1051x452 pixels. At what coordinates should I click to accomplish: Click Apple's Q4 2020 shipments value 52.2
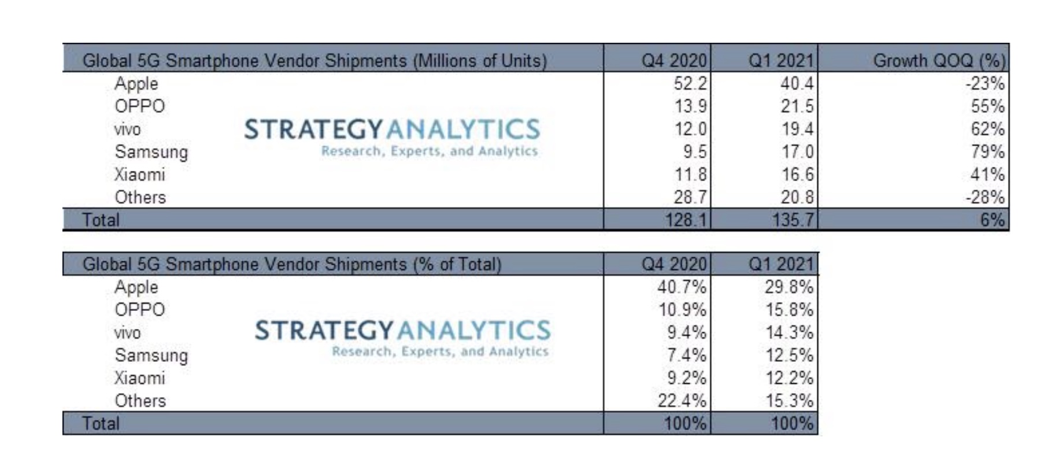(690, 84)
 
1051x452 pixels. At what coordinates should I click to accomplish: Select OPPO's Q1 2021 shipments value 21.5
(797, 106)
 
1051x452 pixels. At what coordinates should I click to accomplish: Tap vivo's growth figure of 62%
(987, 129)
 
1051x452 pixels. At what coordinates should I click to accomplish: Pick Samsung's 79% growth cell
(987, 151)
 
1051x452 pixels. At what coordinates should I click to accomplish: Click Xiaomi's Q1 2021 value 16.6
(797, 175)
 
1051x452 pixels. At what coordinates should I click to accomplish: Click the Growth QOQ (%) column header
(939, 61)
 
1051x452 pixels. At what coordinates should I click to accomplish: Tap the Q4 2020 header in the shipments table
(674, 61)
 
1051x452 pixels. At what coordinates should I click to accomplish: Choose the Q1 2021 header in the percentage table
(780, 264)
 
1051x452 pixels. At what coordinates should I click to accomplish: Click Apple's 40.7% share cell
(682, 287)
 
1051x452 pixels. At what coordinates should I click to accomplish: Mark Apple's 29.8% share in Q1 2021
(789, 287)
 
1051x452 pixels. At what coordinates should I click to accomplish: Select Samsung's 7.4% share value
(686, 355)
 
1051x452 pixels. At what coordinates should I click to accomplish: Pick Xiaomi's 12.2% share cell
(789, 378)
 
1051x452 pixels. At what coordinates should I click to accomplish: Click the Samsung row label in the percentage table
(151, 355)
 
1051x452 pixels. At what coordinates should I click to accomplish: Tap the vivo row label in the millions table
(127, 129)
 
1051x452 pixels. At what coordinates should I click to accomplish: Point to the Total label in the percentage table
(101, 424)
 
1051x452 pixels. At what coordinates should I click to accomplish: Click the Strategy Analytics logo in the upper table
(391, 136)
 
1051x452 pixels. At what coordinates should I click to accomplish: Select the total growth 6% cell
(992, 220)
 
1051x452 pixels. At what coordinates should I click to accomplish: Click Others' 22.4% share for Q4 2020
(682, 401)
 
